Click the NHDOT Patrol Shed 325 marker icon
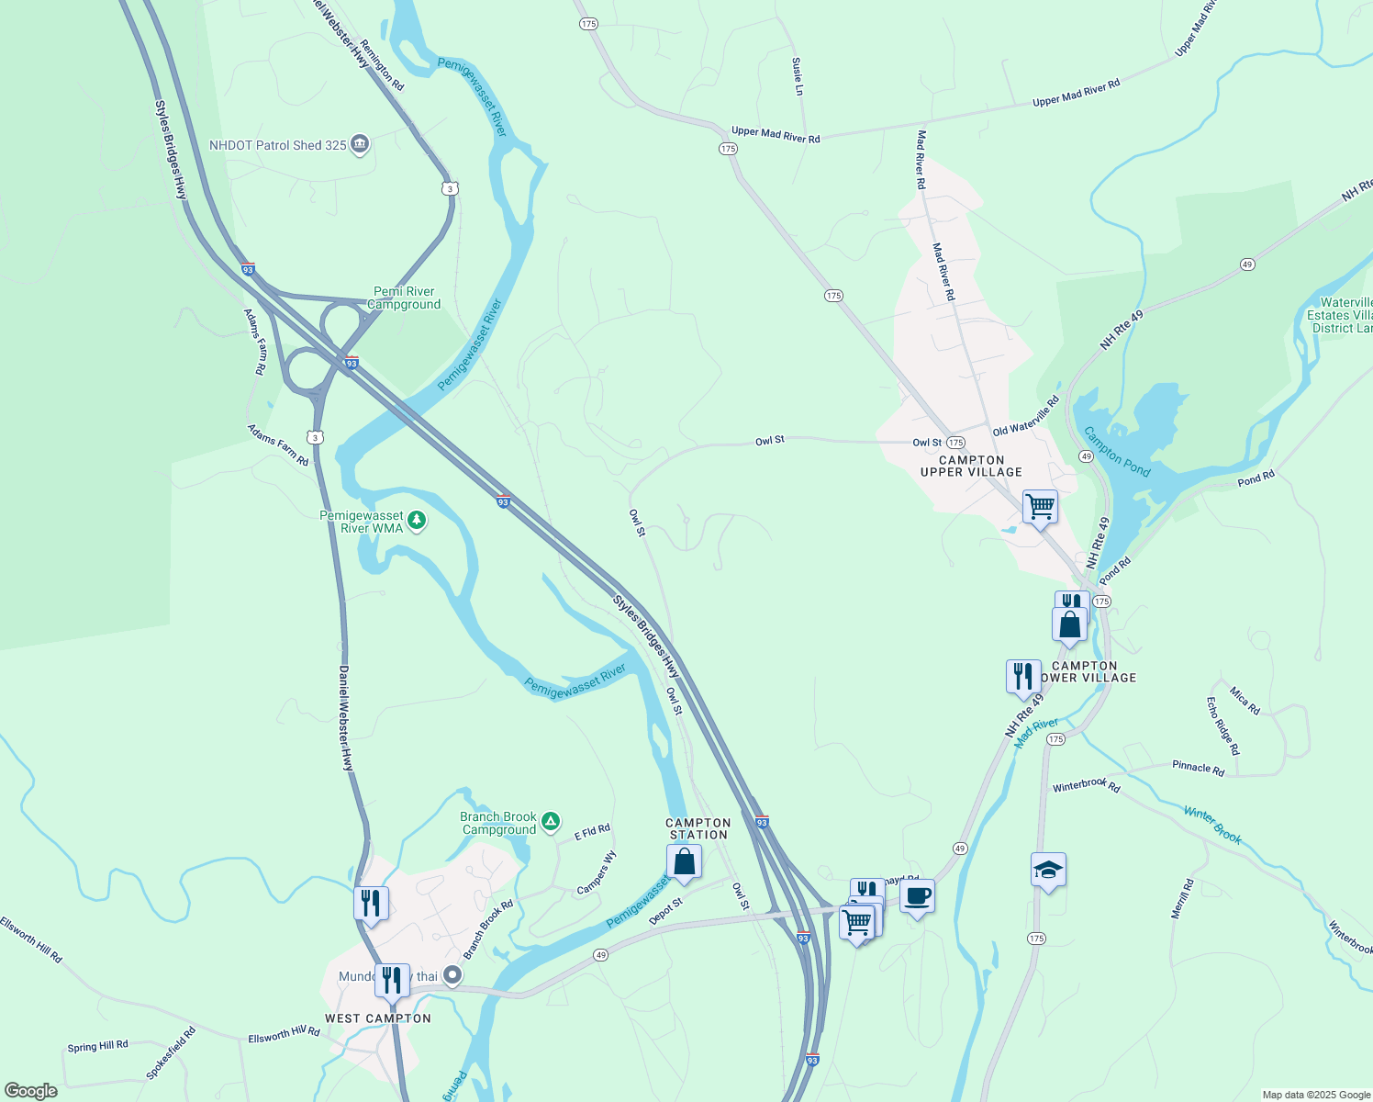[x=360, y=145]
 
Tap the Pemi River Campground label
[x=404, y=298]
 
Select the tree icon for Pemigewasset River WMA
[x=417, y=521]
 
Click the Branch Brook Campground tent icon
[x=550, y=821]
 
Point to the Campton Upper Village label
[x=971, y=466]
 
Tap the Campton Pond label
[x=1116, y=451]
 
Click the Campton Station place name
[x=698, y=828]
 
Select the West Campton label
[x=378, y=1018]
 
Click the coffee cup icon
[x=917, y=897]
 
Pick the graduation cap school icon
[x=1048, y=870]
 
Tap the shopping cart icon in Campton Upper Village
[x=1040, y=506]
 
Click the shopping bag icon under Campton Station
[x=684, y=862]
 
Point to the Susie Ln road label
[x=798, y=76]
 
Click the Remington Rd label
[x=382, y=64]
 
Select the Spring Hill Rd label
[x=97, y=1046]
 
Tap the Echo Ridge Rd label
[x=1222, y=726]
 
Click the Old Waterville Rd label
[x=1026, y=416]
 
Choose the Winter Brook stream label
[x=1212, y=824]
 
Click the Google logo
[x=31, y=1090]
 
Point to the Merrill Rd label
[x=1182, y=899]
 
